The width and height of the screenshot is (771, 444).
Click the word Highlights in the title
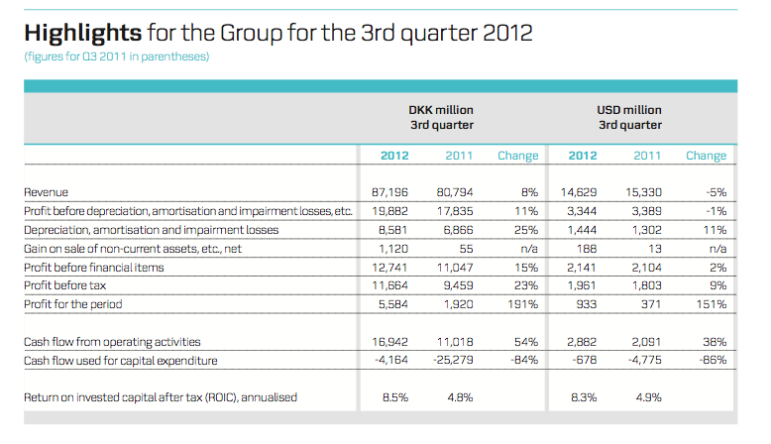(x=82, y=34)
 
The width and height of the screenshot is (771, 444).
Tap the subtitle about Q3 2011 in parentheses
(x=117, y=56)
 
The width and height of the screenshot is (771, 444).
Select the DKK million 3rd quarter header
(x=441, y=118)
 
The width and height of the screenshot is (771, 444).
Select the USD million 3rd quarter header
(x=629, y=118)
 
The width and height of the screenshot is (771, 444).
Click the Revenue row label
(x=46, y=192)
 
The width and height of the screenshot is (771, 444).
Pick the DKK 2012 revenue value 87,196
(x=389, y=192)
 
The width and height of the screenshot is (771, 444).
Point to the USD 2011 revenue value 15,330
(x=643, y=192)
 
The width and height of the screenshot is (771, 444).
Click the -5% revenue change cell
(x=716, y=192)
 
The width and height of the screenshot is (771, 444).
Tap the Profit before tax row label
(x=64, y=285)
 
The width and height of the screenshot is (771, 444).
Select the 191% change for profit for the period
(x=522, y=304)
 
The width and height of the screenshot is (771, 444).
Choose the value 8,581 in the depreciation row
(x=392, y=230)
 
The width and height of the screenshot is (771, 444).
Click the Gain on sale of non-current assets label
(x=133, y=249)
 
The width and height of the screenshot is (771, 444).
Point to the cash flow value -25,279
(x=453, y=361)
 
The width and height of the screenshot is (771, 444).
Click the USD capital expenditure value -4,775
(x=644, y=361)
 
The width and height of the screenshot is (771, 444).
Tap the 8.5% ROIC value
(x=395, y=397)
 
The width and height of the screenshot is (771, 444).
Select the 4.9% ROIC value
(x=648, y=397)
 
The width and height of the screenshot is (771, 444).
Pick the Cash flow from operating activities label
(x=112, y=342)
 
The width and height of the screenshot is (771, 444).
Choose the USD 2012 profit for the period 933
(x=587, y=304)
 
